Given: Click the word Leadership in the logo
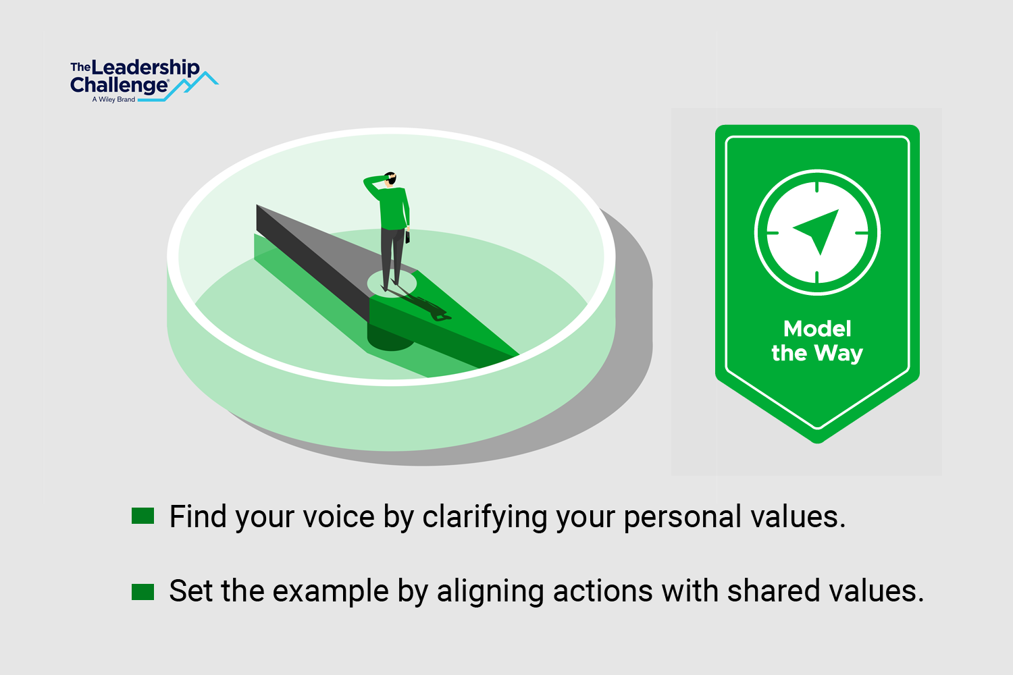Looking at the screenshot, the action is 145,68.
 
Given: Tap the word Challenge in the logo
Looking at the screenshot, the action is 120,85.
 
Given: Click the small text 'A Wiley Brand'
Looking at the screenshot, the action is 113,99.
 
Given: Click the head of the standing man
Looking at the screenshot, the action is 390,178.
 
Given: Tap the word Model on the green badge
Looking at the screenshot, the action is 817,329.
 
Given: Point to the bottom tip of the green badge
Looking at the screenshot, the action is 818,443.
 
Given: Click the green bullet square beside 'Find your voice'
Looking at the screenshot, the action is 143,516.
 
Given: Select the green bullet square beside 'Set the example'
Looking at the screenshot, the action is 143,592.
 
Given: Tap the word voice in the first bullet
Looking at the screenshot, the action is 339,517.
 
